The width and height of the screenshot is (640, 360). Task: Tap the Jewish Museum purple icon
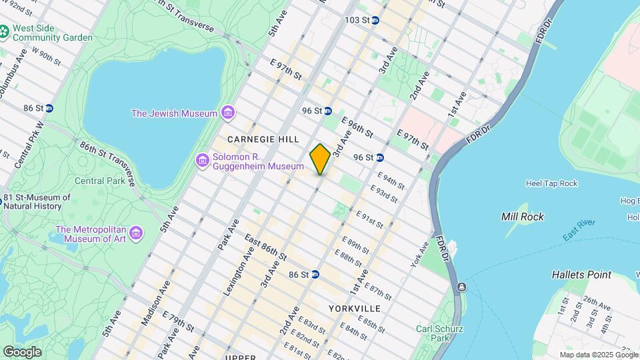tap(228, 113)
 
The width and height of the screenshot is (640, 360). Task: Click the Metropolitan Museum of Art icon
tap(137, 233)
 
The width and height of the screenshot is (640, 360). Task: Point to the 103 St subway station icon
tap(375, 20)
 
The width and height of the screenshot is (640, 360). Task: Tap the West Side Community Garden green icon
tap(5, 31)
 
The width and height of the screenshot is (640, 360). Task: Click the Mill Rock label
tap(522, 217)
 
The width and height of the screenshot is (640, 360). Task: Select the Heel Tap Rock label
tap(551, 183)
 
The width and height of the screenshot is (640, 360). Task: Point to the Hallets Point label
tap(581, 275)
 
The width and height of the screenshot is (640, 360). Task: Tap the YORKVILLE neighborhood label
tap(355, 309)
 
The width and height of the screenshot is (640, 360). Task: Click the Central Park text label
tap(99, 181)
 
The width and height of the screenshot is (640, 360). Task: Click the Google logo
tap(22, 351)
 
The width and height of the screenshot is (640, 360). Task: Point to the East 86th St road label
tap(265, 247)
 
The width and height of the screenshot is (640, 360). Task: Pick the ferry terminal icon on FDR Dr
tap(461, 287)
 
